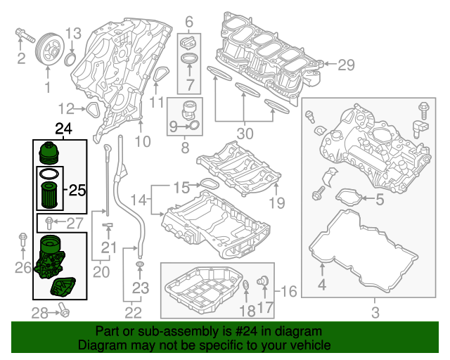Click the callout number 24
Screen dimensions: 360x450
[63, 129]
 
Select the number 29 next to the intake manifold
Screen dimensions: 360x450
[346, 65]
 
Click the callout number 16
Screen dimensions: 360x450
[289, 290]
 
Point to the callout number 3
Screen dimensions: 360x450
[375, 311]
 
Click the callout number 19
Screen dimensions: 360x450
[276, 204]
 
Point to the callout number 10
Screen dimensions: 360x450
[143, 142]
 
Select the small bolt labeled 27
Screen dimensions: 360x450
[47, 224]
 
